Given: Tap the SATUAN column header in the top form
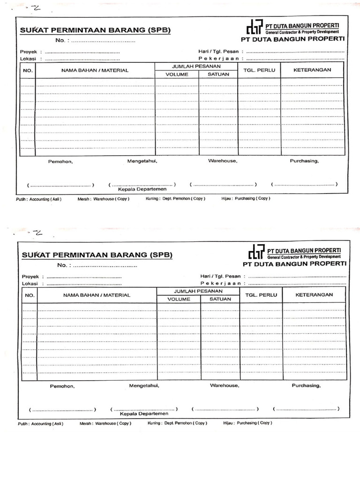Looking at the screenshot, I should point(218,74).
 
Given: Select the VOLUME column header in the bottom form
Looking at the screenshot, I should point(179,299).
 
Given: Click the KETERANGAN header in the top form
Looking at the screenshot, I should point(312,70).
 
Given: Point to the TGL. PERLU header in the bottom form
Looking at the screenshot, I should point(261,295).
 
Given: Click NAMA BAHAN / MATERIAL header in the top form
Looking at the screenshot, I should point(95,70).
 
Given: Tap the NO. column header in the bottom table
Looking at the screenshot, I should point(30,295).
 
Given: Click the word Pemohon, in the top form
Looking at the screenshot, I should point(60,162).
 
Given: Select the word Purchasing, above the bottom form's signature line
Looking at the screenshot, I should point(306,386).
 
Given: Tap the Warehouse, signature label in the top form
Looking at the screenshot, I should point(223,161).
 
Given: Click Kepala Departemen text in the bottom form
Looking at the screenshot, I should point(144,414).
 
